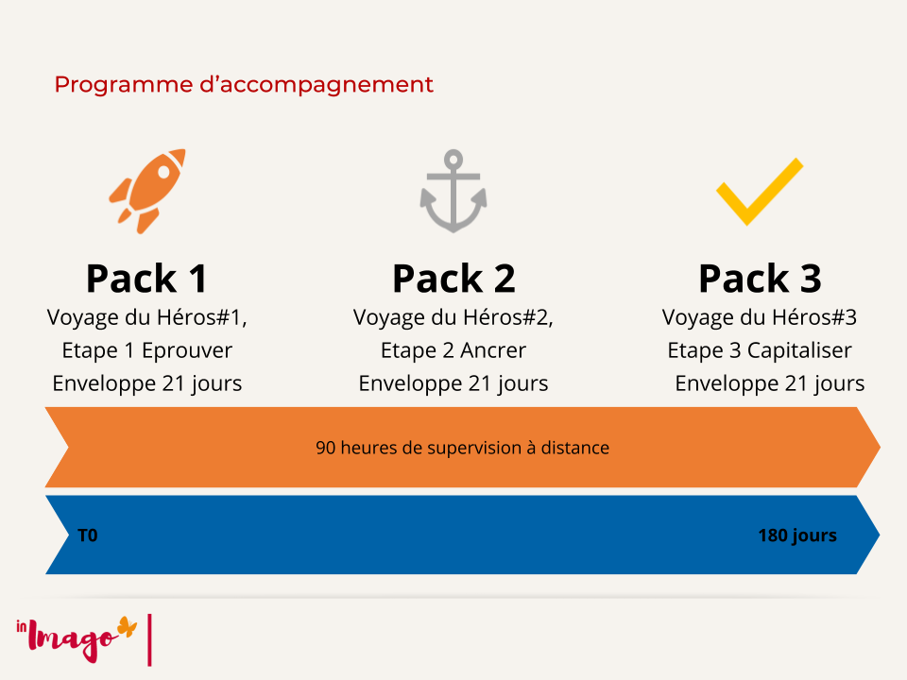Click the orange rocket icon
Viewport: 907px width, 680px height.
pyautogui.click(x=147, y=191)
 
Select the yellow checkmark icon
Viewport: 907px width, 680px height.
pyautogui.click(x=760, y=192)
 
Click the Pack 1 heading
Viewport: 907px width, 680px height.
pyautogui.click(x=147, y=279)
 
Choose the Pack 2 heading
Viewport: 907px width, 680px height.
pyautogui.click(x=453, y=279)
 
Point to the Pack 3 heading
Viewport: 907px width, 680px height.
pyautogui.click(x=760, y=279)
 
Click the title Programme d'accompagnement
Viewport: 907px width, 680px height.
pyautogui.click(x=244, y=85)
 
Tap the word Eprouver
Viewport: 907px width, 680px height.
pyautogui.click(x=187, y=350)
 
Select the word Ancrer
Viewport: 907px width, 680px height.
pyautogui.click(x=493, y=350)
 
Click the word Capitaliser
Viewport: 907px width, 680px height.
pyautogui.click(x=799, y=350)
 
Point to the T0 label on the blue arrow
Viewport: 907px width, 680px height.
pyautogui.click(x=87, y=535)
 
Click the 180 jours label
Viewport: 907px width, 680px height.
pyautogui.click(x=797, y=536)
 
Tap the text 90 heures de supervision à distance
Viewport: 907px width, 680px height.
pyautogui.click(x=462, y=448)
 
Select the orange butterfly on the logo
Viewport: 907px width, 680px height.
pyautogui.click(x=128, y=627)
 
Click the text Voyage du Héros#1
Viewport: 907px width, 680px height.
pyautogui.click(x=146, y=317)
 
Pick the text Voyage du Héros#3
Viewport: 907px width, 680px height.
pyautogui.click(x=759, y=317)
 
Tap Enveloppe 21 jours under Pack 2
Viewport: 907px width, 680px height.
pyautogui.click(x=453, y=383)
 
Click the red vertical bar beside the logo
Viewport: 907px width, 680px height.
pyautogui.click(x=150, y=640)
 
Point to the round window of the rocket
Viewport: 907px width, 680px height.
pyautogui.click(x=163, y=172)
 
